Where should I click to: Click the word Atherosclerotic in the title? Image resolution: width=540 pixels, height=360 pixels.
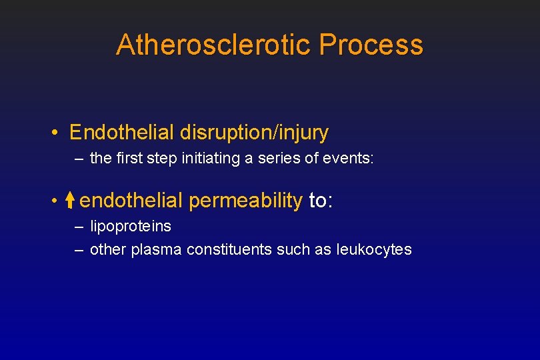(213, 45)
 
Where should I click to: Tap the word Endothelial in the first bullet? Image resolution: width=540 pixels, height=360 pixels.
(121, 133)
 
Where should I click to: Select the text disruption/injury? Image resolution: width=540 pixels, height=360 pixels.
(254, 133)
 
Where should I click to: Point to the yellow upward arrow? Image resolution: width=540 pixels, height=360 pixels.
(71, 200)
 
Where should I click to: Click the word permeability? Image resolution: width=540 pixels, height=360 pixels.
(245, 200)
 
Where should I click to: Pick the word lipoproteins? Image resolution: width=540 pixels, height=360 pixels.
(130, 227)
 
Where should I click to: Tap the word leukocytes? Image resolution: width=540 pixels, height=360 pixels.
(374, 250)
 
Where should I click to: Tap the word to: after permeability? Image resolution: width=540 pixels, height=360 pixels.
(321, 200)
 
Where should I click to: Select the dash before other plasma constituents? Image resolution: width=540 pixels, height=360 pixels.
(79, 251)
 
